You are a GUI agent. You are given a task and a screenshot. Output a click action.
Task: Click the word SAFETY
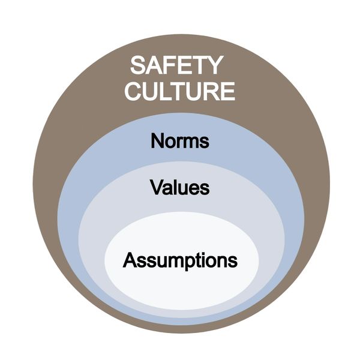(x=176, y=65)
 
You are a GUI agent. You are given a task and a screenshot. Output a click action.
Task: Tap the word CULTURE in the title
(x=180, y=91)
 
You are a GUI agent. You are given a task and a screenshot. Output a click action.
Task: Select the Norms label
(x=180, y=140)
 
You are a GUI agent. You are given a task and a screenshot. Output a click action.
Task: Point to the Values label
(x=180, y=187)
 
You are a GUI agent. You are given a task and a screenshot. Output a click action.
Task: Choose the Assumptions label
(x=180, y=261)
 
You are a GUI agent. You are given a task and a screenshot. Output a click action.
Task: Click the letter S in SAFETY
(x=139, y=65)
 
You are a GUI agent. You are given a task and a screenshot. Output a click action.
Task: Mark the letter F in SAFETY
(x=170, y=65)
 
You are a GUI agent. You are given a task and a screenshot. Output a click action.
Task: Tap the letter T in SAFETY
(x=199, y=65)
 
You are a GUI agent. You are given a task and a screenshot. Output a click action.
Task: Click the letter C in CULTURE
(x=134, y=91)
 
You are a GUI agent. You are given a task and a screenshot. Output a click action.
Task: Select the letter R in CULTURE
(x=209, y=91)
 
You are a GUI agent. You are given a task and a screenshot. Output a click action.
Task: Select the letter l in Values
(x=177, y=187)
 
